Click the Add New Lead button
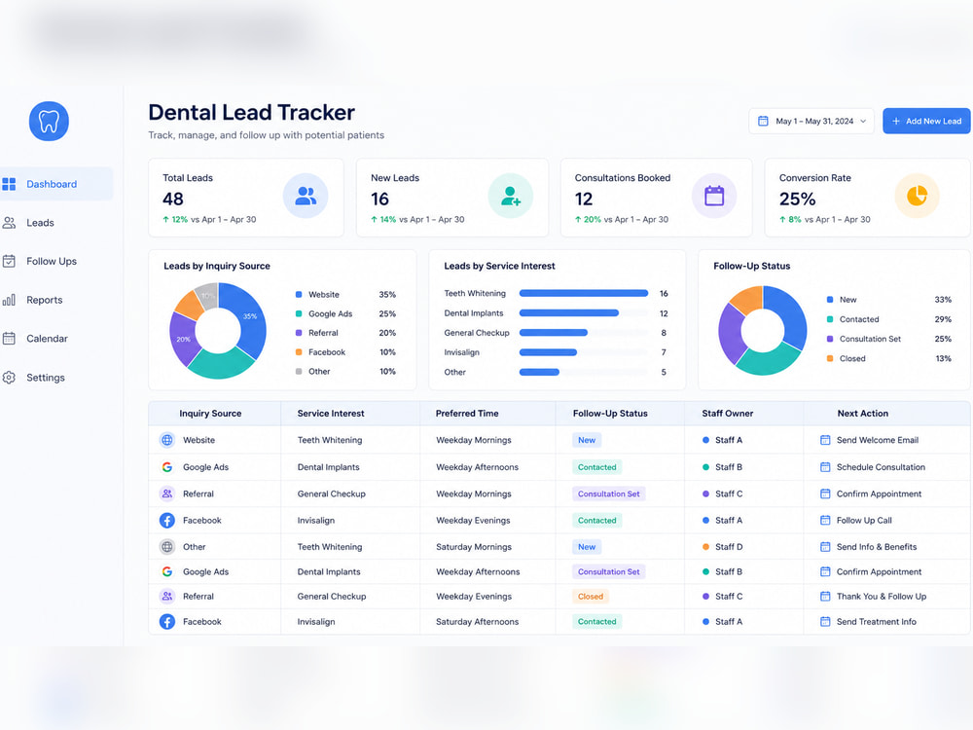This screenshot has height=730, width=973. [926, 121]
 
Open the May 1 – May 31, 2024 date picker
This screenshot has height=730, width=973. [811, 121]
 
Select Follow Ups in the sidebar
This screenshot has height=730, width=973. [52, 261]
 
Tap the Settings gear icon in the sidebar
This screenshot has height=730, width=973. [9, 378]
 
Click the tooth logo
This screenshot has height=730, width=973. [49, 121]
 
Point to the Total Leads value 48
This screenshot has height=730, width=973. [173, 200]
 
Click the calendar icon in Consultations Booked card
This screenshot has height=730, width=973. [714, 197]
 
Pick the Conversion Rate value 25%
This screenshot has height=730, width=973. [798, 200]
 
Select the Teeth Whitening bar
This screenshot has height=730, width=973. [583, 294]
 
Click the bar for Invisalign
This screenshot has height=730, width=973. [548, 352]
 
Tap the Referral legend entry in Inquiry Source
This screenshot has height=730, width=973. [345, 333]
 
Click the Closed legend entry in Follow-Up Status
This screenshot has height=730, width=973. [888, 359]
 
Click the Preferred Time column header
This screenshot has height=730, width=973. [467, 414]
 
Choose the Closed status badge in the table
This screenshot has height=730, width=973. [591, 597]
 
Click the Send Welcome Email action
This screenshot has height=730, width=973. [878, 440]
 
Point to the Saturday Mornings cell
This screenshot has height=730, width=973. [474, 547]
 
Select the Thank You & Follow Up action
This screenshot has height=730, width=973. [882, 597]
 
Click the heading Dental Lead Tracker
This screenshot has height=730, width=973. [251, 112]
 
